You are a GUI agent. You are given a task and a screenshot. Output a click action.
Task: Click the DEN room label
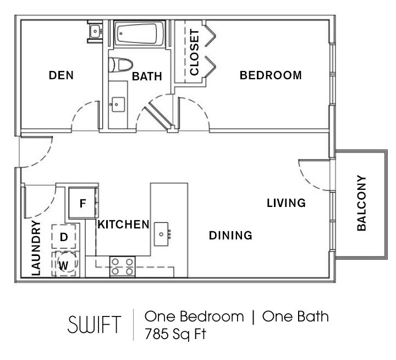pos(61,75)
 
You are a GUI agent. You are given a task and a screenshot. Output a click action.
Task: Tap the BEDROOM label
pos(271,75)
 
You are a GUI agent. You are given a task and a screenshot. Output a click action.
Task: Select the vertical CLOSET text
pos(195,52)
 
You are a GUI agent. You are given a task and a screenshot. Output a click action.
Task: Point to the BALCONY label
pos(361,203)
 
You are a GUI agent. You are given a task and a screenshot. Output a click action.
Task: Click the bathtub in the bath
pos(139,34)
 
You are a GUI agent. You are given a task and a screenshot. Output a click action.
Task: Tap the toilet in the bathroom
pos(120,65)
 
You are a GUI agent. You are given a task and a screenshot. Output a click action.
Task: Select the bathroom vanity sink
pos(118,104)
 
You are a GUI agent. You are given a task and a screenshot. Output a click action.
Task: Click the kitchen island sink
pos(162,234)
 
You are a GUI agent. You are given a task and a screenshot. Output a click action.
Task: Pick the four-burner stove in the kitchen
pos(123,266)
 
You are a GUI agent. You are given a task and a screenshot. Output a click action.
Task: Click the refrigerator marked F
pos(82,203)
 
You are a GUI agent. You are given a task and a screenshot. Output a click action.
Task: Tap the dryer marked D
pos(64,237)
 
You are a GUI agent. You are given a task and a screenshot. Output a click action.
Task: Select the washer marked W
pos(64,264)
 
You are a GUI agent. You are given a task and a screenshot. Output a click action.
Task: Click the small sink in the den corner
pos(95,31)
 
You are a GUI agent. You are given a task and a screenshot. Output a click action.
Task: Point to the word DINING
pos(230,236)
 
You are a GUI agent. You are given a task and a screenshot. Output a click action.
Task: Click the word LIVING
pos(287,203)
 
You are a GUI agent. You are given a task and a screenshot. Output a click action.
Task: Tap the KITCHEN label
pos(124,225)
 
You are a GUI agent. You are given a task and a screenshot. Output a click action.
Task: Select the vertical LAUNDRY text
pos(36,248)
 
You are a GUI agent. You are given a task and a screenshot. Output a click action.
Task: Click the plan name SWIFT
pos(95,325)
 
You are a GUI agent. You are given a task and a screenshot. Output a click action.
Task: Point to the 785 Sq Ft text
pos(175,334)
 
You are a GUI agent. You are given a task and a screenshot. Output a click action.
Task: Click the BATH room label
pos(147,77)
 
